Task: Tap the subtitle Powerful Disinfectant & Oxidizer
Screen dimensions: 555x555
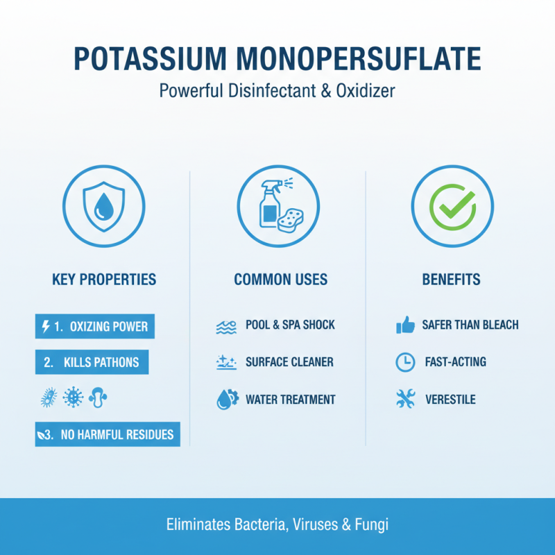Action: pyautogui.click(x=277, y=92)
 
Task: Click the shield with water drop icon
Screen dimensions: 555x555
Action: pyautogui.click(x=104, y=206)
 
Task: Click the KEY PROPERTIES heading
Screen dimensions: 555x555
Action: pyautogui.click(x=104, y=280)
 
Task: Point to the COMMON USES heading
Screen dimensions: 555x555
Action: pyautogui.click(x=280, y=280)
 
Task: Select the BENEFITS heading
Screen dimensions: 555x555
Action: pyautogui.click(x=451, y=280)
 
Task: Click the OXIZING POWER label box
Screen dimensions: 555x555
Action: pyautogui.click(x=95, y=326)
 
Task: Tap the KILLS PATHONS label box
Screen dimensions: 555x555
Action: pyautogui.click(x=92, y=362)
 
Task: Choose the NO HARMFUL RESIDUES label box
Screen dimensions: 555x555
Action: pyautogui.click(x=108, y=435)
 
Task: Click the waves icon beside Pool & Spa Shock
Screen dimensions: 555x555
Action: pyautogui.click(x=225, y=326)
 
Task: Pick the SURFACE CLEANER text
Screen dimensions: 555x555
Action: pyautogui.click(x=289, y=362)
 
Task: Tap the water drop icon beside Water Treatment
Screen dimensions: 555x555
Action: pyautogui.click(x=225, y=400)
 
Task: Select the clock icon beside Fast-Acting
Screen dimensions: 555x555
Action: pyautogui.click(x=404, y=362)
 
